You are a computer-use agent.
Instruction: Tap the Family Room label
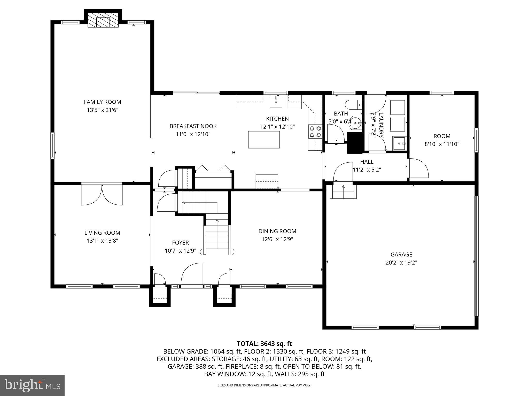point(103,102)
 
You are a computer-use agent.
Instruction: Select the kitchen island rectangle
point(264,140)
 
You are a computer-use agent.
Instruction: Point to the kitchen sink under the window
point(276,102)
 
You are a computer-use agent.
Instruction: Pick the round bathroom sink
point(356,123)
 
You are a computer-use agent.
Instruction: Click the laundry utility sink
point(400,143)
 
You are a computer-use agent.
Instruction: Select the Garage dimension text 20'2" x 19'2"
point(401,263)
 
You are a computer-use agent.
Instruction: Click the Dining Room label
point(277,231)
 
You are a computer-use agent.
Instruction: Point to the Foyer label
point(181,243)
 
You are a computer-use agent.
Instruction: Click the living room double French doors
point(102,195)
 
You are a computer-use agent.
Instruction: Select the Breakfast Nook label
point(193,126)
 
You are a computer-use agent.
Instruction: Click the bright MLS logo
point(32,385)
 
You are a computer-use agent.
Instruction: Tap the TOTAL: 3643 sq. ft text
point(264,344)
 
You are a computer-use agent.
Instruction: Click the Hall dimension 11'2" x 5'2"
point(367,170)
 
